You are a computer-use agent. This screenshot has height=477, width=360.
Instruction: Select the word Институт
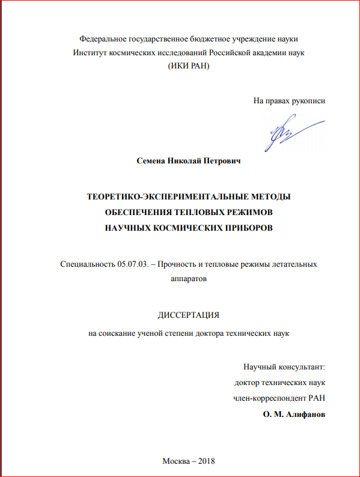(90, 52)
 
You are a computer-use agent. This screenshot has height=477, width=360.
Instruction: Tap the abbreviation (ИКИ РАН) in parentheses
(189, 66)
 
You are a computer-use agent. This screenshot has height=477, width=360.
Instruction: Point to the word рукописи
(307, 100)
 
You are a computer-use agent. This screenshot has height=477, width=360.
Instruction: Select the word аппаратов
(189, 279)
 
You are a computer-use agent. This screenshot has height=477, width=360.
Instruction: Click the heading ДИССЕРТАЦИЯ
(188, 314)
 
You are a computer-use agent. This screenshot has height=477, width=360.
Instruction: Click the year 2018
(205, 461)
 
